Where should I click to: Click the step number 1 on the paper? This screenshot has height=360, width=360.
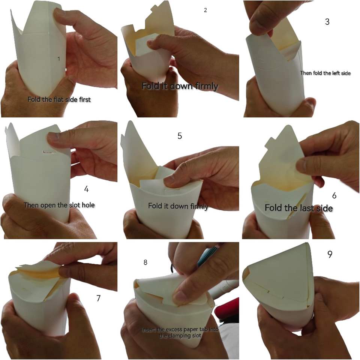[x=59, y=59]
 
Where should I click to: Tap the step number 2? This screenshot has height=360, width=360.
[x=205, y=10]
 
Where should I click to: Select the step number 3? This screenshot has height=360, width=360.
[x=327, y=22]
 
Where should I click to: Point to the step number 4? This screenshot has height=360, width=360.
[x=86, y=189]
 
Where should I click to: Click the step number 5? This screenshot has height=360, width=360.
[x=180, y=136]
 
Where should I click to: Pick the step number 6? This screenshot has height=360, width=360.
[x=334, y=195]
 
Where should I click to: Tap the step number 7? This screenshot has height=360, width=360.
[x=99, y=298]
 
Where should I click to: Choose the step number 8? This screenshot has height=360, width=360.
[x=145, y=262]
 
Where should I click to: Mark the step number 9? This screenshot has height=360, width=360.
[x=330, y=254]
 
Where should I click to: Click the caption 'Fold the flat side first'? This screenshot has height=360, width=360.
[x=59, y=99]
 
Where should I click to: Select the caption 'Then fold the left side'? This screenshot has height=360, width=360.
[x=325, y=73]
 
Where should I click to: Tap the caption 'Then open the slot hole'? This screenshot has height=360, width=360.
[x=59, y=205]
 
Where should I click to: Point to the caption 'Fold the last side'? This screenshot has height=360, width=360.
[x=299, y=208]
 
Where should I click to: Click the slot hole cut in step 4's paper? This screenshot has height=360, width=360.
[x=49, y=151]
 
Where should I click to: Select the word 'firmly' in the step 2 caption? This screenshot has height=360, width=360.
[x=206, y=86]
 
